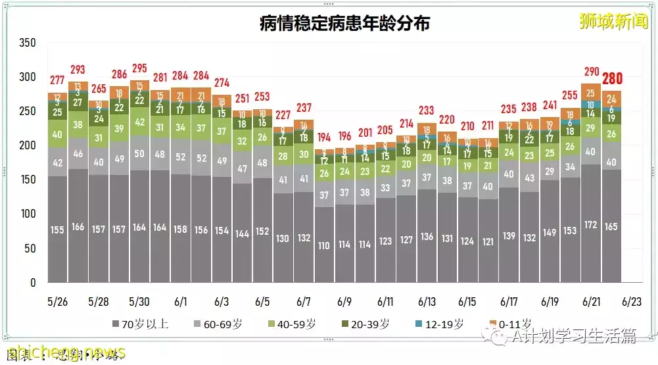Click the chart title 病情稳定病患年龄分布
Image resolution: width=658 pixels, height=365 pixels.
(x=345, y=23)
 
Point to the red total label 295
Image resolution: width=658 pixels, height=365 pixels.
(x=140, y=68)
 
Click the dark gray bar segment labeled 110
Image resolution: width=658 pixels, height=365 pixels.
(x=324, y=245)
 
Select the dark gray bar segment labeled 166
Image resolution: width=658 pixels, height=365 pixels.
(x=78, y=227)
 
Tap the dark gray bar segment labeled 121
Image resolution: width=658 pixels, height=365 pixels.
(x=488, y=242)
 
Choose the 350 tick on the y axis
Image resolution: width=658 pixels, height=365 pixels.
(x=28, y=43)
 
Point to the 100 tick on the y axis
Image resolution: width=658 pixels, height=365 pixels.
(x=28, y=214)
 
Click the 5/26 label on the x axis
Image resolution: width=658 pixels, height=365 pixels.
(x=58, y=302)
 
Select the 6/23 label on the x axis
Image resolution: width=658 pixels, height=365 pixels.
(x=632, y=302)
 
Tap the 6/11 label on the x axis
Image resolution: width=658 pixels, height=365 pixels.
(x=386, y=302)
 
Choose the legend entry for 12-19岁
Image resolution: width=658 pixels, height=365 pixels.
(x=445, y=324)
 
